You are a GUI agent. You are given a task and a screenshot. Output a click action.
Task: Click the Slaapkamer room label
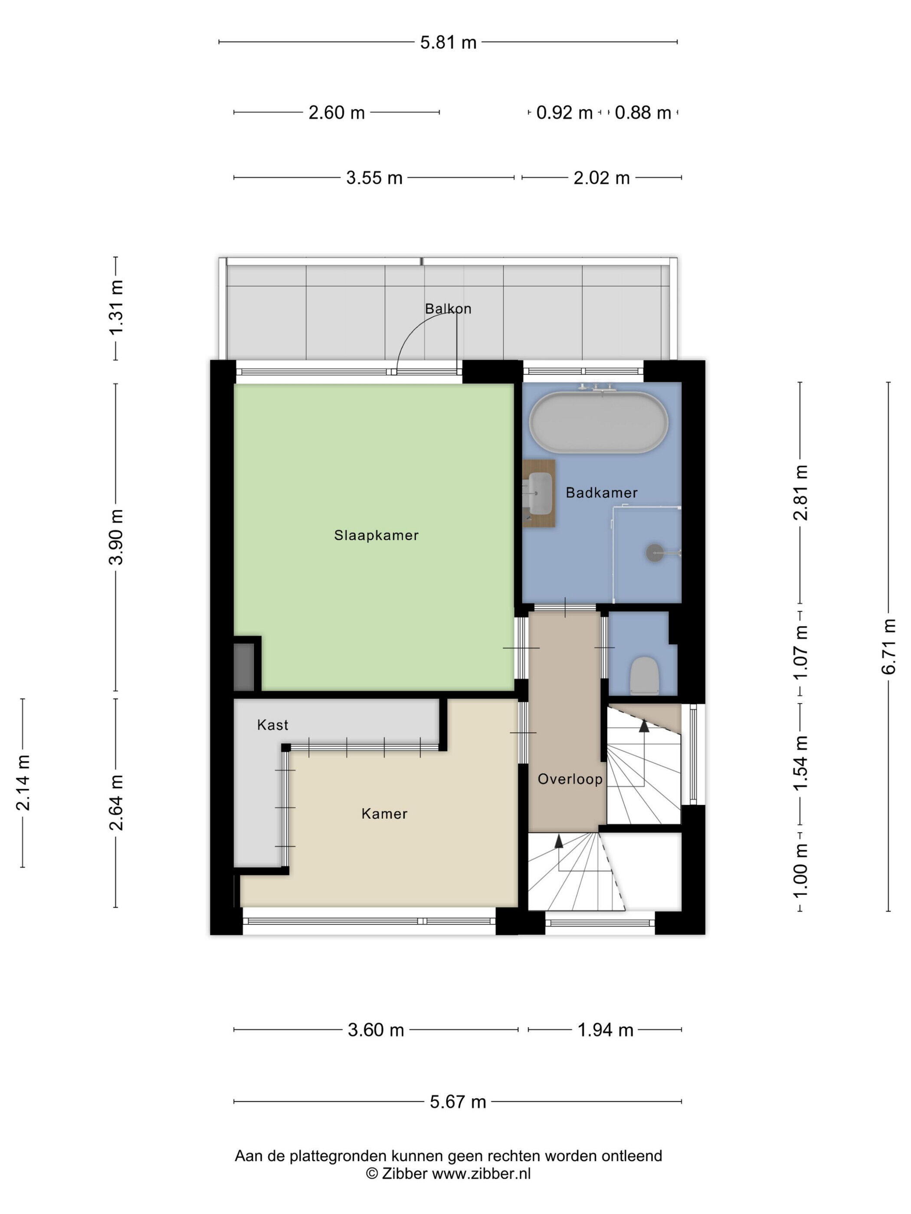tap(376, 535)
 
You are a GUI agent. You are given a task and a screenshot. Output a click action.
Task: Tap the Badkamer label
tap(601, 493)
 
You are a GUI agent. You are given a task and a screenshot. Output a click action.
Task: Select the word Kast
tap(272, 725)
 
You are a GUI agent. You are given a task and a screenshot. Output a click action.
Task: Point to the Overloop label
tap(570, 779)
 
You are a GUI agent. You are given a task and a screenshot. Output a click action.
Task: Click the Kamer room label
tap(384, 814)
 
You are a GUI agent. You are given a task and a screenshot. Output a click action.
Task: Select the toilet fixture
tap(644, 676)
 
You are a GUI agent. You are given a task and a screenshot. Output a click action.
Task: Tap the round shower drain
tap(655, 552)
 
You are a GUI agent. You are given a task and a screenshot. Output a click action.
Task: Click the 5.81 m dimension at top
tap(448, 42)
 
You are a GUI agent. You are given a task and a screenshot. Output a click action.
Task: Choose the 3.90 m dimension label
tap(116, 537)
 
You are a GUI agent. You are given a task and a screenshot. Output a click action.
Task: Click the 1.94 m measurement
tap(605, 1030)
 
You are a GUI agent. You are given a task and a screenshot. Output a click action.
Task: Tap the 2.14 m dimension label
tap(23, 783)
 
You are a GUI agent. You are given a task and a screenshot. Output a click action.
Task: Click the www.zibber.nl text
tap(481, 1174)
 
